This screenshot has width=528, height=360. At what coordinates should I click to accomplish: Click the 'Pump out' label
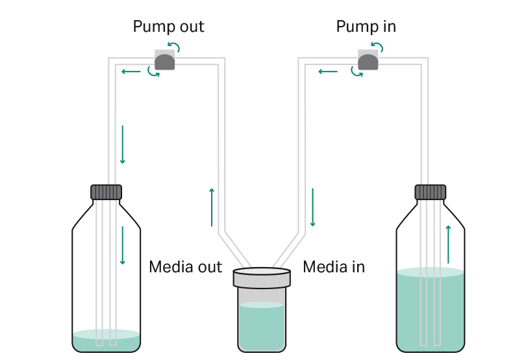coord(168,27)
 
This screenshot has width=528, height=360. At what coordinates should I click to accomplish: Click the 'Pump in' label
coord(366,27)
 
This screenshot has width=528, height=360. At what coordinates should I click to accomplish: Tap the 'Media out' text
coord(185,266)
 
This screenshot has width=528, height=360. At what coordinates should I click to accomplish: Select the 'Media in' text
coord(334,266)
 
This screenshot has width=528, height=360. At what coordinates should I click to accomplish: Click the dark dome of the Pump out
coord(164,62)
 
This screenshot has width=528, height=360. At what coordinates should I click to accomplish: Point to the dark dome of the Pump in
coord(368,62)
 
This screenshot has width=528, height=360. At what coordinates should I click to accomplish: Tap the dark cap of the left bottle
coord(106,192)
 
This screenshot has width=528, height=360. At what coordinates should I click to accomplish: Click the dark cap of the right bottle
coord(430,192)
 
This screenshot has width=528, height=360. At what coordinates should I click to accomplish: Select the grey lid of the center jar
coord(262,277)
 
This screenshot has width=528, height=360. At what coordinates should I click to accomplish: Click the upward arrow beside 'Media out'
coord(212,207)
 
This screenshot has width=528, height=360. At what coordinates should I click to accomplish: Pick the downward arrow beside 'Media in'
coord(312,207)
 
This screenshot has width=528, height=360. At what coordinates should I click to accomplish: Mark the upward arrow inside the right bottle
coord(448,244)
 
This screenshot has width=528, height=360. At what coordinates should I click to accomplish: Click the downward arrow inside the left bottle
coord(122,246)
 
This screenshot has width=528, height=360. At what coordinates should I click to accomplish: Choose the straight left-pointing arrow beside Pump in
coord(327,71)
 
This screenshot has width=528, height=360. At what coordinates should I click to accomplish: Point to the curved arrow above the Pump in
coord(377,47)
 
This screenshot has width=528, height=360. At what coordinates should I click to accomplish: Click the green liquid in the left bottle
coord(106,342)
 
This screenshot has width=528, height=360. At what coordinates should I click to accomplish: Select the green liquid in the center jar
coord(262,328)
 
